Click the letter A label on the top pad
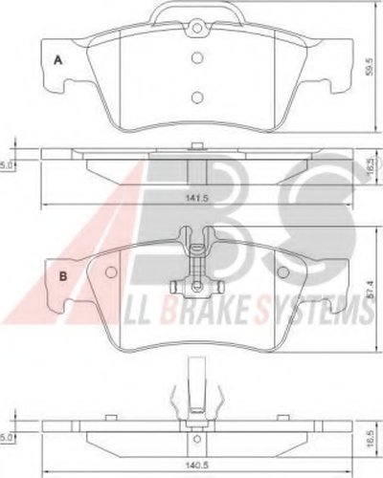[x=57, y=60]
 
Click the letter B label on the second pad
[x=63, y=276]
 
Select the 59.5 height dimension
[x=370, y=66]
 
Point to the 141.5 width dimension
[x=196, y=198]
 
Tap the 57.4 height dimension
[x=371, y=290]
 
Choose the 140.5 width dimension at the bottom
[x=197, y=466]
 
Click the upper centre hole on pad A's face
[x=197, y=58]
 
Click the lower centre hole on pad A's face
[x=197, y=97]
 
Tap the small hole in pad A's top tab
[x=197, y=28]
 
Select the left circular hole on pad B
[x=111, y=272]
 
